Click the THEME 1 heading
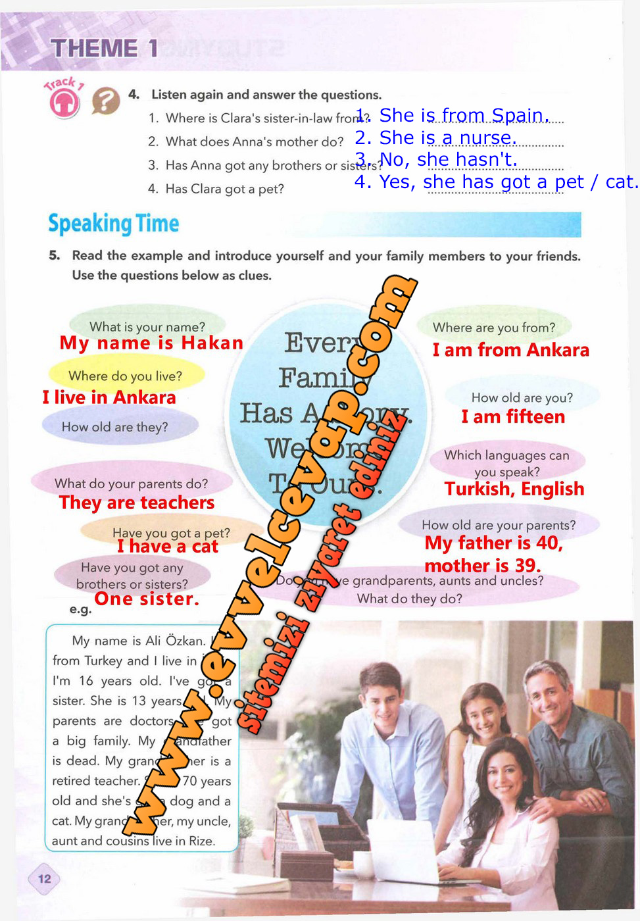click(x=105, y=48)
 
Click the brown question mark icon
click(x=105, y=101)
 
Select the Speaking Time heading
click(x=113, y=224)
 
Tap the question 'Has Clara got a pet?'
click(x=224, y=189)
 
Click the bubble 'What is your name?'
click(x=147, y=326)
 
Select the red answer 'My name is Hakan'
click(x=151, y=343)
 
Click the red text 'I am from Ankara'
click(x=510, y=350)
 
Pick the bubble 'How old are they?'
click(x=115, y=427)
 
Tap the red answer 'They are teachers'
click(x=137, y=503)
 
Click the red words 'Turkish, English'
click(x=514, y=489)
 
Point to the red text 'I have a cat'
click(x=168, y=547)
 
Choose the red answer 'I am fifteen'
click(x=513, y=417)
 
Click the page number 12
click(x=45, y=879)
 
